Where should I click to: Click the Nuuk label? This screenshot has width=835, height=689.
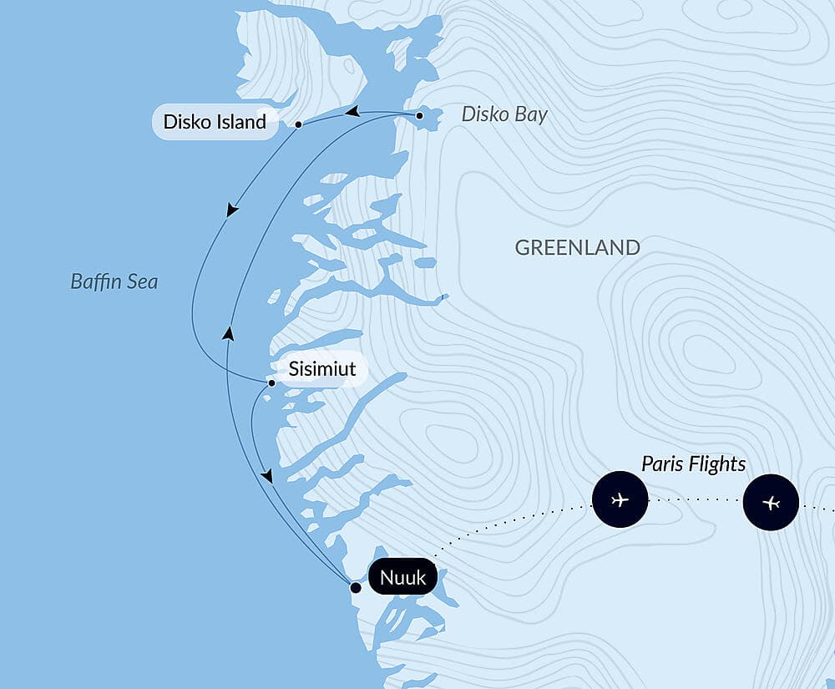(402, 577)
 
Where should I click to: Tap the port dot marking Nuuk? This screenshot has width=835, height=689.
(355, 588)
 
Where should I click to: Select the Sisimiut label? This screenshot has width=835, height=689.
(322, 369)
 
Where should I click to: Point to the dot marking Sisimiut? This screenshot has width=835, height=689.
(271, 383)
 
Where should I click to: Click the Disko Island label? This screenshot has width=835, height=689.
(215, 122)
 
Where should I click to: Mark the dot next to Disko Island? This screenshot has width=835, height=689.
(298, 124)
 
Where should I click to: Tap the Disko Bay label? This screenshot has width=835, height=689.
(504, 114)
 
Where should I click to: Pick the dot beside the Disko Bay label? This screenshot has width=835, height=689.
(419, 115)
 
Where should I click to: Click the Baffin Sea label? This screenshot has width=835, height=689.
(114, 281)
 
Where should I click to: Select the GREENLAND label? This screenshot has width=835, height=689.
(577, 247)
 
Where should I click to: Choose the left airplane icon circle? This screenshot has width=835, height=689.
(620, 500)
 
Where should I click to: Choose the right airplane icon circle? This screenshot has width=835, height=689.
(771, 503)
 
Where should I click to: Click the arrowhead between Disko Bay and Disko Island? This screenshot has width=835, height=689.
(353, 112)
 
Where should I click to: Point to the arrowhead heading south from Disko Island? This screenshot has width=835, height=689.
(232, 210)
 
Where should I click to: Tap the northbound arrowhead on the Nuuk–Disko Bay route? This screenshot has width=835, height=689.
(228, 333)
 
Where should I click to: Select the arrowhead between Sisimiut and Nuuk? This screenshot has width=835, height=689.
(266, 475)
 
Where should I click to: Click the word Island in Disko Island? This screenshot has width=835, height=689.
(240, 122)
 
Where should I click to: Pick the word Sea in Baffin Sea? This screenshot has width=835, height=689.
(141, 281)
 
